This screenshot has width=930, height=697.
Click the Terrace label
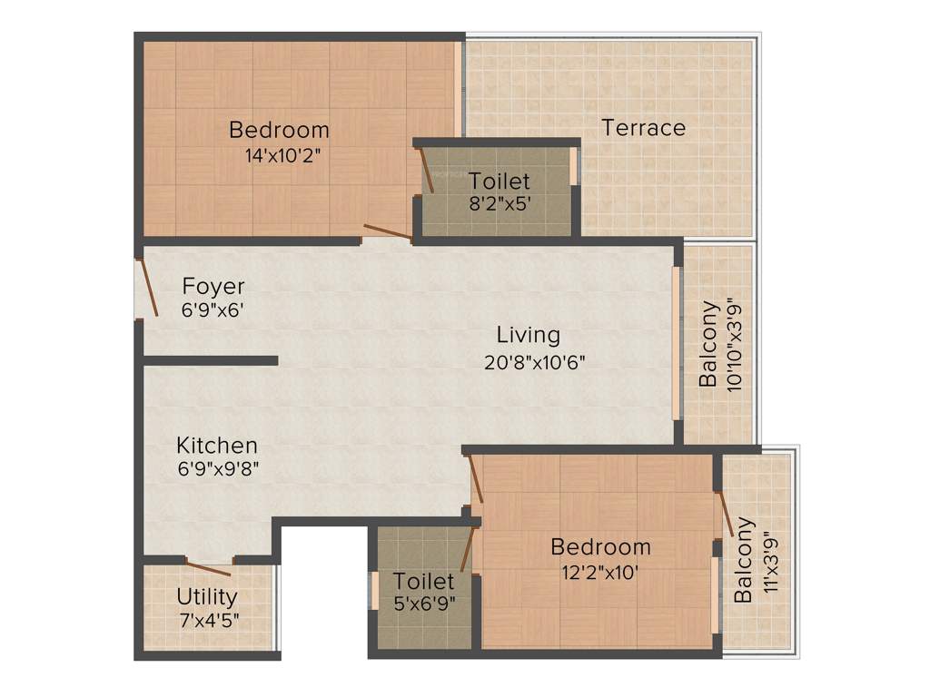click(643, 128)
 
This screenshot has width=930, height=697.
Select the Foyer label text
click(213, 287)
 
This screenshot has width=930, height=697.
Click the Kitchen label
click(217, 446)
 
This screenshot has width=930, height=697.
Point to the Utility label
click(207, 597)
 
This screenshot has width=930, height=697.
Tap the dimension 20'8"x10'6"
click(534, 361)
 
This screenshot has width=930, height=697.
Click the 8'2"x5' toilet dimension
click(499, 204)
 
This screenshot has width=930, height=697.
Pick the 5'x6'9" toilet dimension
click(423, 603)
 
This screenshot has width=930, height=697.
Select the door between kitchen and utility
click(208, 568)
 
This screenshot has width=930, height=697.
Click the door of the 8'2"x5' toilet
click(426, 171)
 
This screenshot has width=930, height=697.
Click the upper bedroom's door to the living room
click(388, 232)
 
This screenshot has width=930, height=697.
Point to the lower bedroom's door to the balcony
click(725, 515)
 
